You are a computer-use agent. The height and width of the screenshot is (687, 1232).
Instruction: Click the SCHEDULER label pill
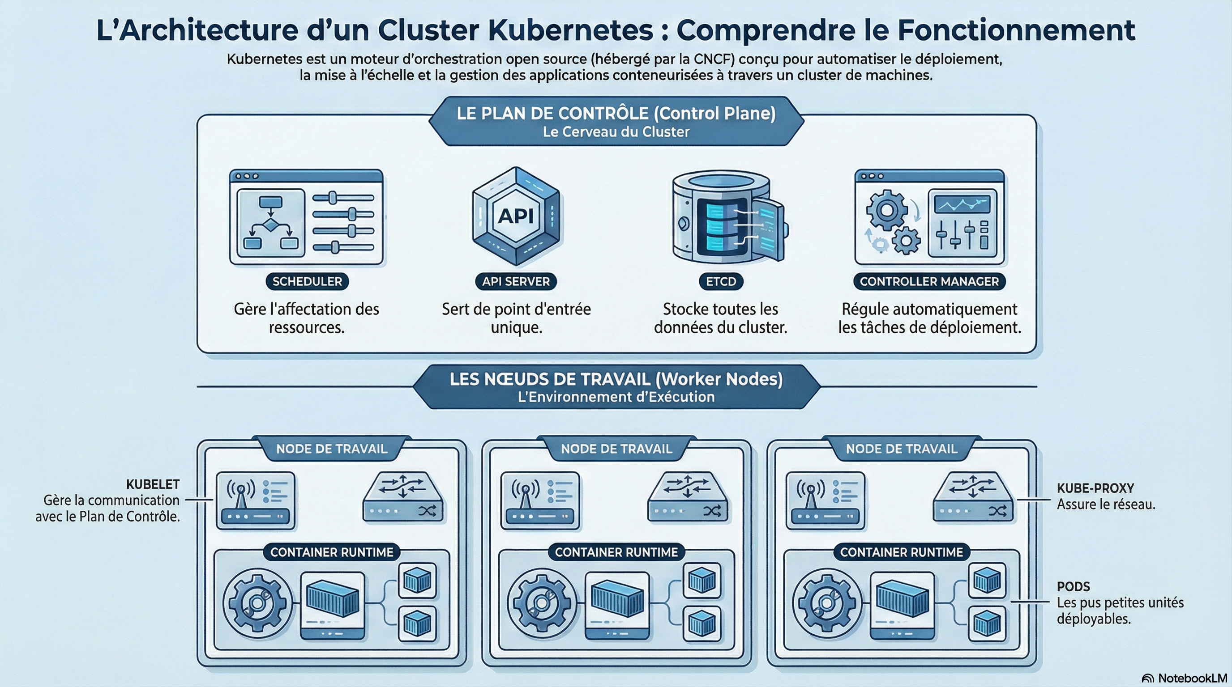tap(307, 281)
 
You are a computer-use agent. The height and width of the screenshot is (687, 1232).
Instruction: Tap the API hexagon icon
tap(516, 216)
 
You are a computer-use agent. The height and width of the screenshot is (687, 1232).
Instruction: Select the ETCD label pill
tap(721, 281)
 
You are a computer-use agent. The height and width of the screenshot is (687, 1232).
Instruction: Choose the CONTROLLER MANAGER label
tap(929, 281)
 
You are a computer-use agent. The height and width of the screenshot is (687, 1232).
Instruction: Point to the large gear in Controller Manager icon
tap(886, 210)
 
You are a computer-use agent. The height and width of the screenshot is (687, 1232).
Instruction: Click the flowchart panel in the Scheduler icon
tap(271, 223)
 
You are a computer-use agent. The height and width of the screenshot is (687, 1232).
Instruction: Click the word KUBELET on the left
tap(153, 484)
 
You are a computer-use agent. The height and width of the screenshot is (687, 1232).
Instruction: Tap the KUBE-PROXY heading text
tap(1095, 488)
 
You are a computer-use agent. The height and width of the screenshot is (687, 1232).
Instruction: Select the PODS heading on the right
tap(1073, 586)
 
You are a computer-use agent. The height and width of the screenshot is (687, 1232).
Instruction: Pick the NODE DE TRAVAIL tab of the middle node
tap(616, 449)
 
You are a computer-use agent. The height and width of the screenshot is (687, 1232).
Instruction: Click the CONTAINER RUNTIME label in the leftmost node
tap(331, 552)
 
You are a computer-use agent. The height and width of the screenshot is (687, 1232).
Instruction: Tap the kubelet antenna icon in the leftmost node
tap(255, 500)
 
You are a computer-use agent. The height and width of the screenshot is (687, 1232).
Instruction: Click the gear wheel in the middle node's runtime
tap(542, 603)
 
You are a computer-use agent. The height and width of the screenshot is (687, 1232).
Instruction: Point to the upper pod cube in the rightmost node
tap(987, 581)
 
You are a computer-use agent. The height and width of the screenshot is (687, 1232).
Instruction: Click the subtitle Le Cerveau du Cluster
tap(616, 132)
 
